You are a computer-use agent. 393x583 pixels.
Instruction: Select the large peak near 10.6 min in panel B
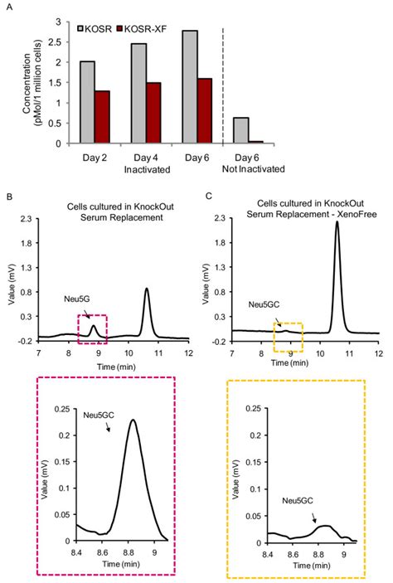click(x=147, y=289)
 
